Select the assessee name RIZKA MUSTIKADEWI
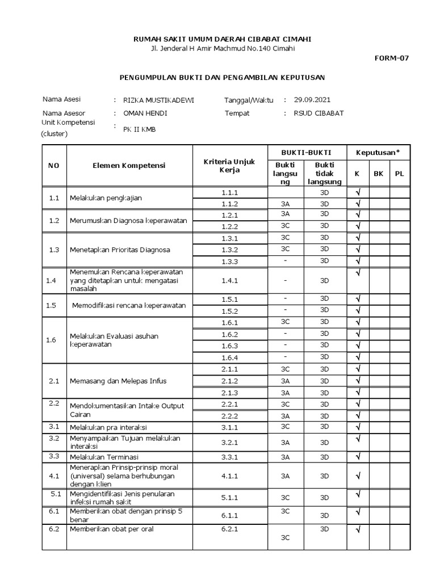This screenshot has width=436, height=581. [158, 100]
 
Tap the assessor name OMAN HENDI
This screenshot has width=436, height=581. [145, 113]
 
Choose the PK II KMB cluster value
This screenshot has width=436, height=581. [139, 129]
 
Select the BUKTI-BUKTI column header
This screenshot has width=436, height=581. [306, 153]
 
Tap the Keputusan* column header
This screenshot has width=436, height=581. [378, 153]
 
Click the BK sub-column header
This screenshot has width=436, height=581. [378, 174]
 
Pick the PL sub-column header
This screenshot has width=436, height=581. [399, 174]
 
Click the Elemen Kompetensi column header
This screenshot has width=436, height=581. [129, 165]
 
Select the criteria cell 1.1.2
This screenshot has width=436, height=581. [230, 204]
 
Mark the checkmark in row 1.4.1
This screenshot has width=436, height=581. [358, 273]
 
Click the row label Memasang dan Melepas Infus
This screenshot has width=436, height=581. [118, 381]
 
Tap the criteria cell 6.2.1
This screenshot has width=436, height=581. [230, 529]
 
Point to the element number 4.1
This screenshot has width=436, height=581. [54, 475]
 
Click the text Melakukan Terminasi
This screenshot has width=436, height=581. [104, 457]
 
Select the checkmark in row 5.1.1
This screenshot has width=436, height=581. [358, 494]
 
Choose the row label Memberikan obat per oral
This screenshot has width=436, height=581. [112, 529]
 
